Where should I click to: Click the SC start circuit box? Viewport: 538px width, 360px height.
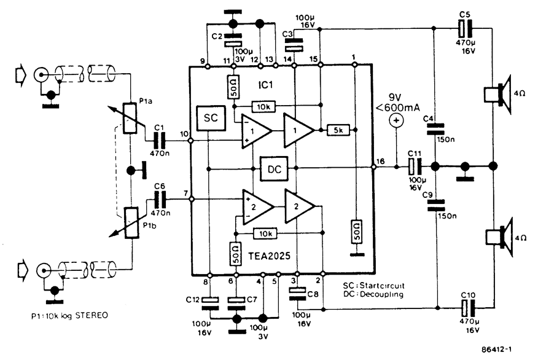[x=211, y=118]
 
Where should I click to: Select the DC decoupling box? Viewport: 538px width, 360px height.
[x=274, y=169]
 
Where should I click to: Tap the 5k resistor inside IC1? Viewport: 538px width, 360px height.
[x=338, y=130]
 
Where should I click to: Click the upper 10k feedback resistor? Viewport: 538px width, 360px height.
[x=263, y=107]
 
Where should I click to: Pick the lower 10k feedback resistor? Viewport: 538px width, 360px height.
[x=265, y=233]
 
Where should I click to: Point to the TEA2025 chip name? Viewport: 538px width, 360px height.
[x=270, y=256]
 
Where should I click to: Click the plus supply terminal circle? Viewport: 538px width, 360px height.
[x=396, y=120]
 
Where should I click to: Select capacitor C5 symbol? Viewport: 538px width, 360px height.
[x=465, y=29]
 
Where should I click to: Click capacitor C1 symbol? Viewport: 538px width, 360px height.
[x=160, y=140]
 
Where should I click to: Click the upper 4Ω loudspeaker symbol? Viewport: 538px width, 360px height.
[x=497, y=95]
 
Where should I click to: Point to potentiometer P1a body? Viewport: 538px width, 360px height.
[x=130, y=118]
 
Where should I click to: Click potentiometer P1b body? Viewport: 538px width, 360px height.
[x=132, y=223]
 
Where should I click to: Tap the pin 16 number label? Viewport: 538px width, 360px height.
[x=380, y=161]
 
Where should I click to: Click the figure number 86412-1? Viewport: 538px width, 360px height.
[x=497, y=350]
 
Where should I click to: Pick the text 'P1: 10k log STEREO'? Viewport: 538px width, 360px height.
[x=69, y=315]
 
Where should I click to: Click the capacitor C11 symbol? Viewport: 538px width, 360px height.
[x=415, y=166]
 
